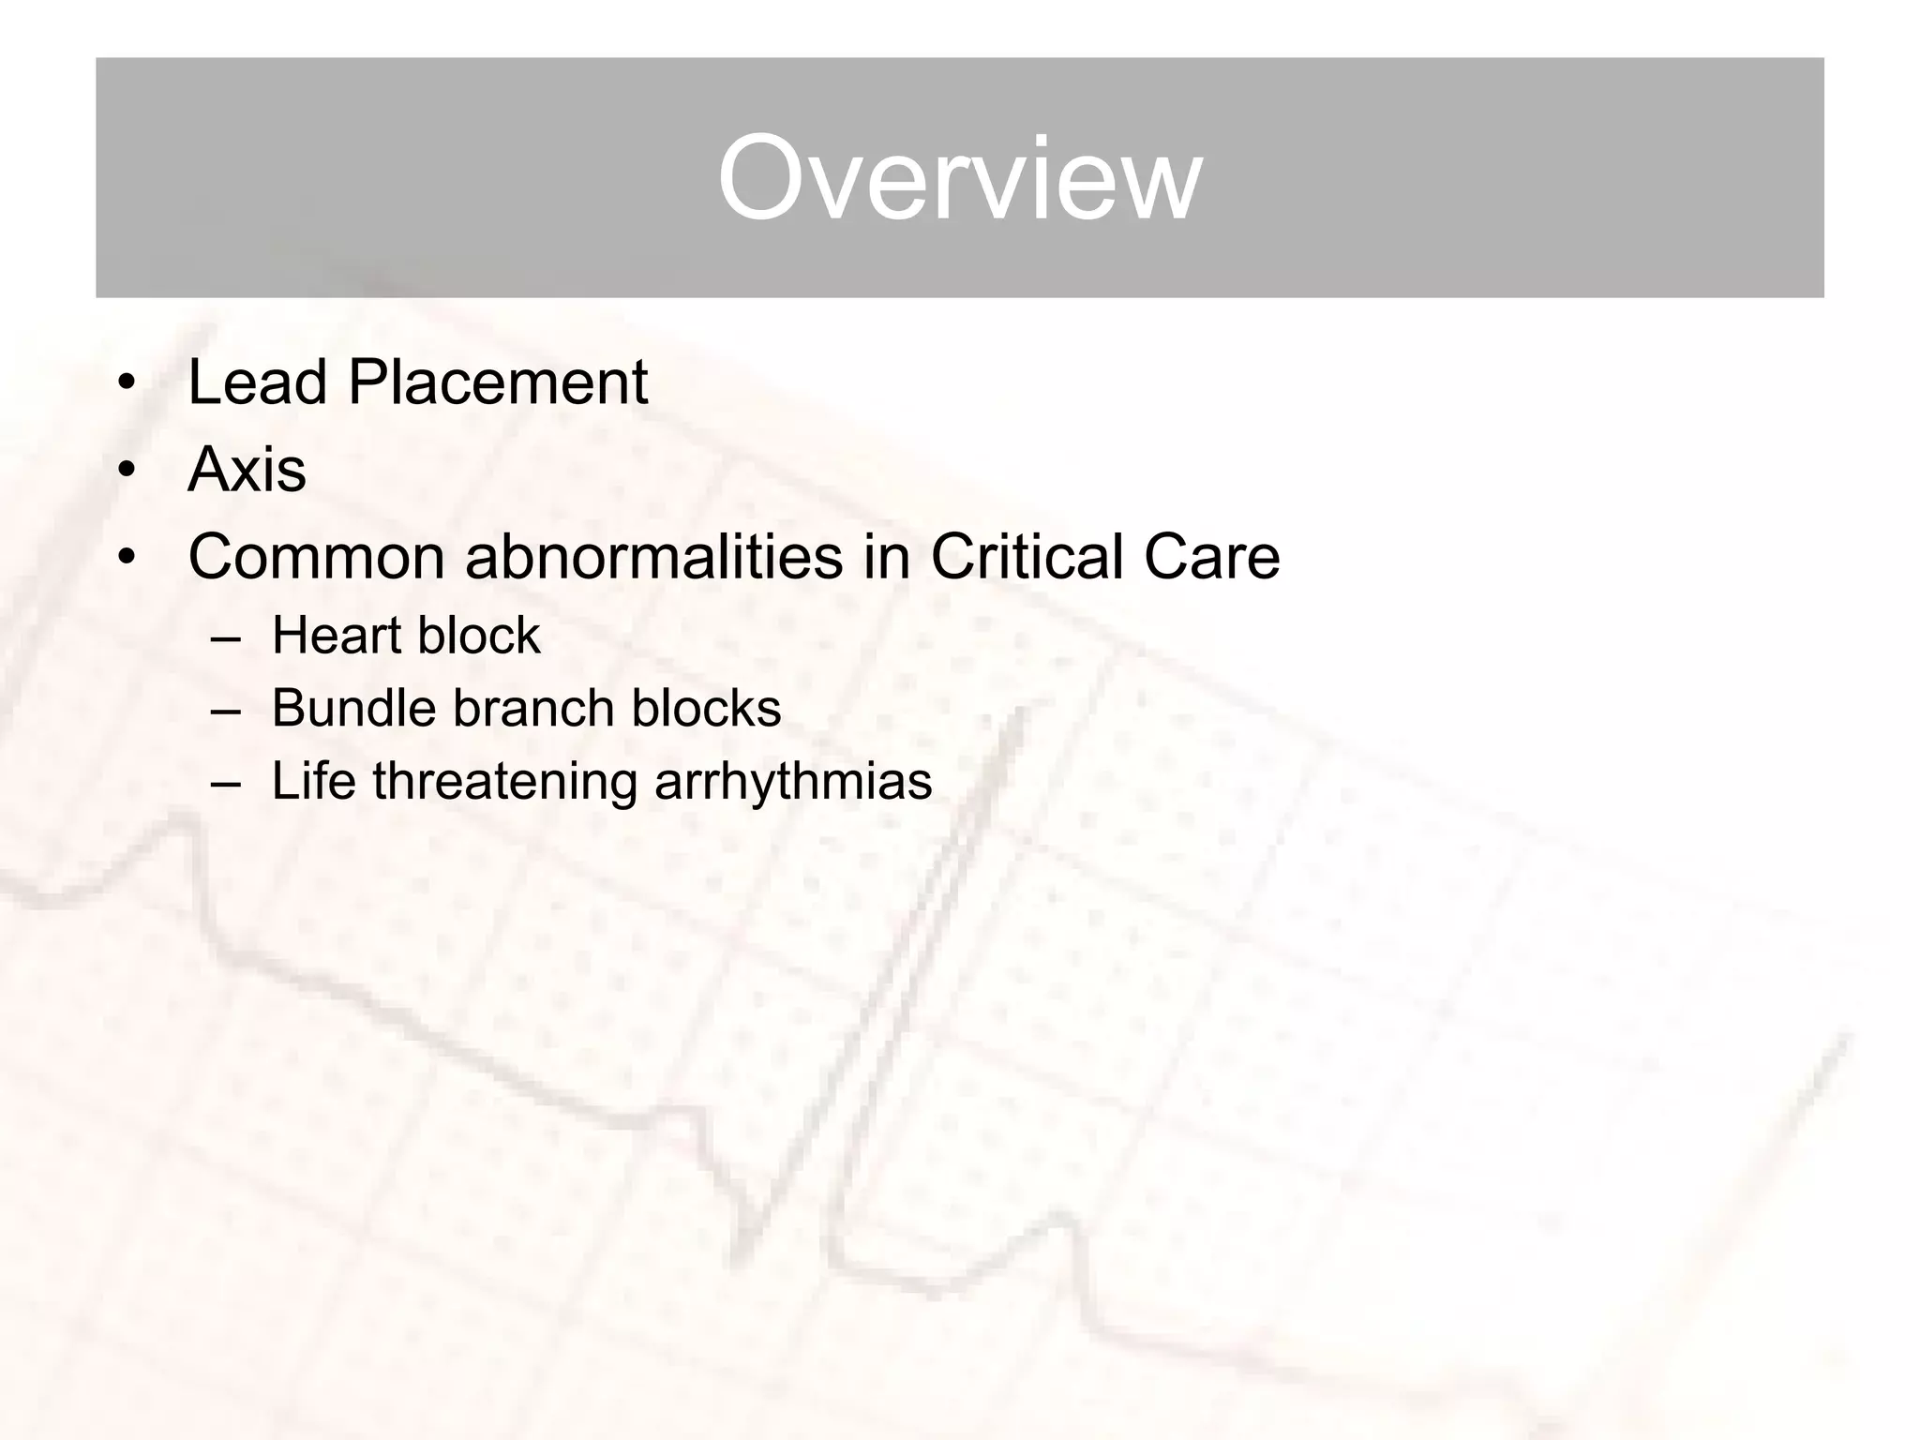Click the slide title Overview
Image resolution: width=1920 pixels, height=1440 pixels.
(x=959, y=178)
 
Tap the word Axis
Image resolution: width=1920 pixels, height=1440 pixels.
(x=247, y=470)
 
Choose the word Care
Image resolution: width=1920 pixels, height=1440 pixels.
(x=1211, y=557)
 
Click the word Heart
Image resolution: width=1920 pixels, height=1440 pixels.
(x=337, y=636)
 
